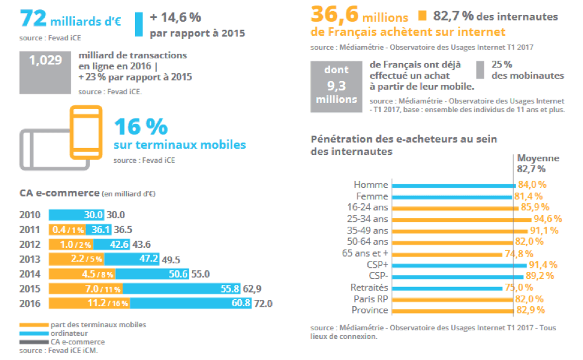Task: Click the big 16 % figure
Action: [x=141, y=126]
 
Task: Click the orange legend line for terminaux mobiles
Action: [x=33, y=325]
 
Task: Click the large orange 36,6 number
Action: [x=336, y=15]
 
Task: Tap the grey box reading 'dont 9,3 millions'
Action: [x=336, y=85]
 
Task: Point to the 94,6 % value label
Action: [x=547, y=219]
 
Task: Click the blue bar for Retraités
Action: [x=452, y=288]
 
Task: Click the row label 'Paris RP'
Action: [x=370, y=299]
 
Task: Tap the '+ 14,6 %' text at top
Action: [x=175, y=17]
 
